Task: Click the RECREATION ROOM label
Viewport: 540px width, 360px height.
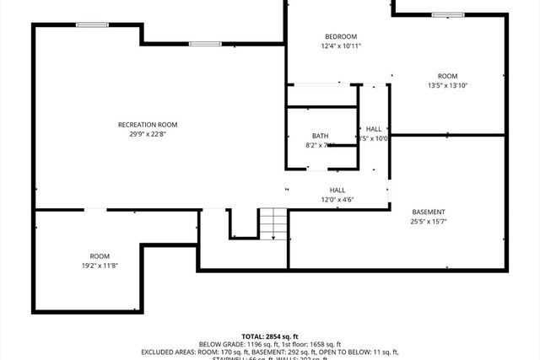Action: coord(148,125)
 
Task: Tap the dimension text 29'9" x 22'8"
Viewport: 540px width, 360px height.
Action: coord(148,134)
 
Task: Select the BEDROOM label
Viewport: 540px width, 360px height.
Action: coord(341,36)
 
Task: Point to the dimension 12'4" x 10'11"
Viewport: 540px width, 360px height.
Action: coord(341,46)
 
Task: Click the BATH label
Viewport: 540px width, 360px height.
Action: coord(320,136)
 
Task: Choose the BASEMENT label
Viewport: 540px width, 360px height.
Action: coord(429,212)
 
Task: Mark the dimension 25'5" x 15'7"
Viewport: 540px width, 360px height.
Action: coord(429,222)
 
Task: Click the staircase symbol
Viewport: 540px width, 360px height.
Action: coord(273,223)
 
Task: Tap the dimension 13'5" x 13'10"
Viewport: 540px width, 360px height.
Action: coord(447,85)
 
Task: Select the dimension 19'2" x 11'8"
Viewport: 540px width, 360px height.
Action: coord(100,266)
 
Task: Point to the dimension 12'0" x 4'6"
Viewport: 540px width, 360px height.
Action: coord(337,200)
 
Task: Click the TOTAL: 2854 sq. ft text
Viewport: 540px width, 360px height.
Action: coord(269,336)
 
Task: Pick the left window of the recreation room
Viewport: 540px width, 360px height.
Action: coord(92,24)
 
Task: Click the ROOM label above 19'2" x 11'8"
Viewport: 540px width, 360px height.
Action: coord(100,256)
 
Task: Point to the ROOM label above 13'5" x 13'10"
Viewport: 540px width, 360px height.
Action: coord(447,76)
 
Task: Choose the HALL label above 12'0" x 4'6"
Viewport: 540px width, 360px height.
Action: coord(337,191)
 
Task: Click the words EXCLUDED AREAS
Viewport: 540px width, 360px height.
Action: coord(168,352)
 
